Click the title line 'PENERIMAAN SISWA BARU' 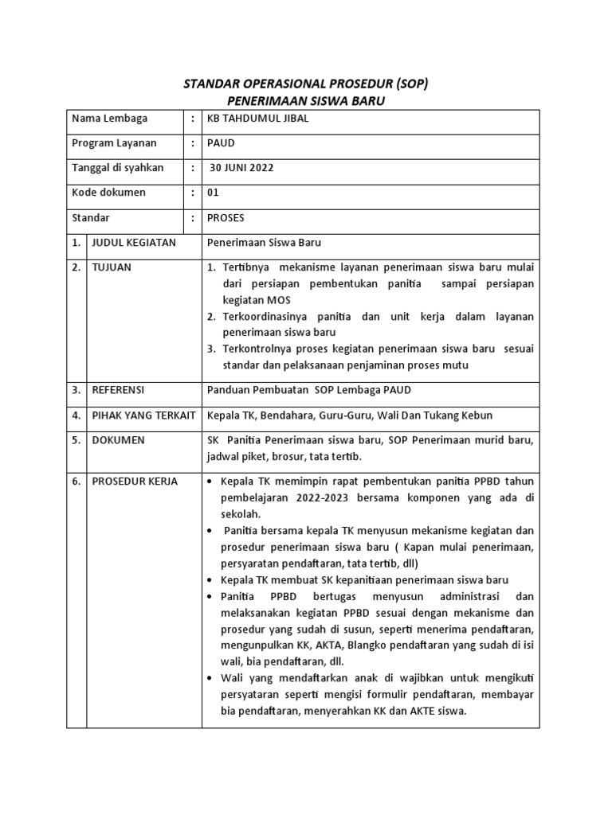(305, 101)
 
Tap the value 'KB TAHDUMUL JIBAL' (257, 119)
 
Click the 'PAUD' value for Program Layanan (221, 143)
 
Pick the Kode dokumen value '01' (213, 193)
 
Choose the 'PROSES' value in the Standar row (226, 217)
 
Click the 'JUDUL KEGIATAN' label (134, 242)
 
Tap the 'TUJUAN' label (112, 267)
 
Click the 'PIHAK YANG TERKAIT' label (144, 415)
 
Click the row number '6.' (76, 482)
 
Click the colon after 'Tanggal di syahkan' (193, 168)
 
